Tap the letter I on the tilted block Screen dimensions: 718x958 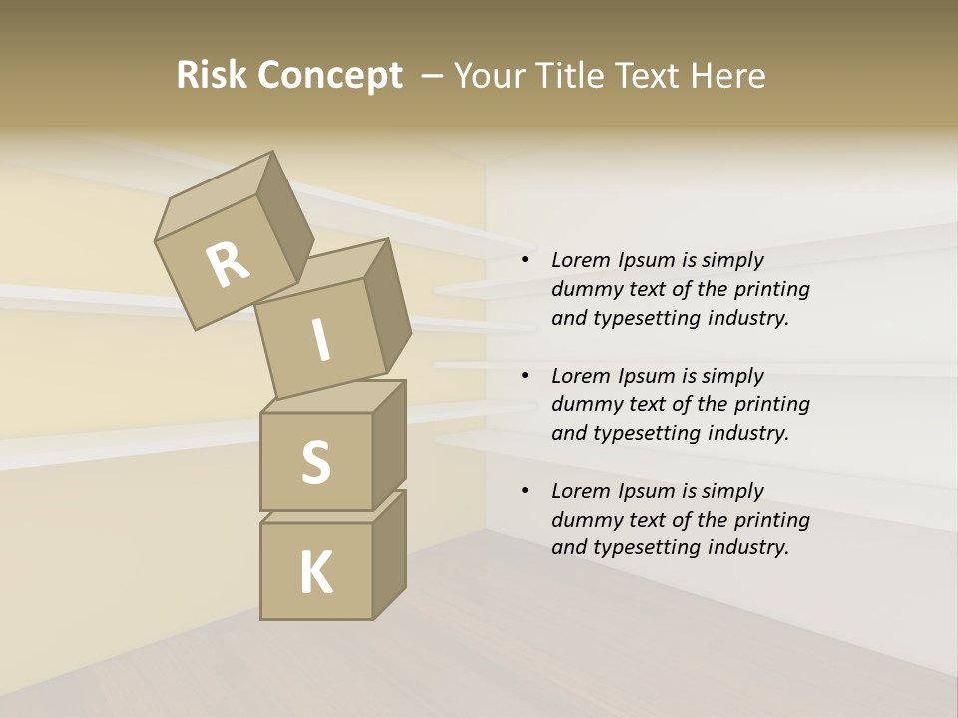(320, 340)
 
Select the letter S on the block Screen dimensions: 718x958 (315, 462)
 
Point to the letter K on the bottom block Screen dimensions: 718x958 (316, 573)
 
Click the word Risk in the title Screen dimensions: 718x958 (213, 75)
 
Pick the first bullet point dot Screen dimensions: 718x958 (525, 260)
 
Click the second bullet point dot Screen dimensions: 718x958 (525, 376)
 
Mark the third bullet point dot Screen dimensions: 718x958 (525, 491)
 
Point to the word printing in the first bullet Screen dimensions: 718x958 (771, 289)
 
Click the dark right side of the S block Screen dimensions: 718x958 (389, 444)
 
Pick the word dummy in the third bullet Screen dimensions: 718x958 (584, 520)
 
